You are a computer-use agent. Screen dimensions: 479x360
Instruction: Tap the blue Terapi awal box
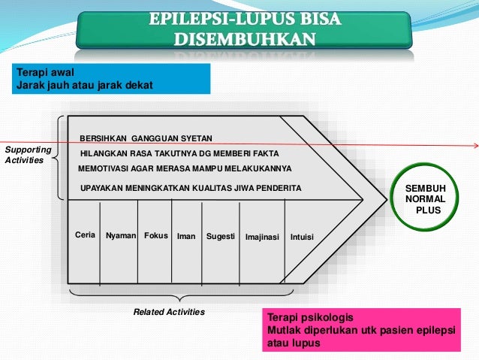[110, 78]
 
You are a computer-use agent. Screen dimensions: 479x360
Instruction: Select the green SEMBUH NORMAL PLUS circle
[425, 198]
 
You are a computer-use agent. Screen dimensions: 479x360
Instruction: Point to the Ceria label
[86, 235]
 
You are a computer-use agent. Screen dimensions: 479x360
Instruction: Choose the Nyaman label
[121, 235]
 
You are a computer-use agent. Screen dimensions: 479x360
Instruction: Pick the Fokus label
[155, 235]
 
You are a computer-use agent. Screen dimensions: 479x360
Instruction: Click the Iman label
[186, 236]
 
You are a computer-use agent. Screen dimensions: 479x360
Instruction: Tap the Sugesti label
[221, 236]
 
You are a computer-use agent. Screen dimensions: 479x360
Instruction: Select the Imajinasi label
[262, 237]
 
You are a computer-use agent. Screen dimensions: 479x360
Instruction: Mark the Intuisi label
[302, 237]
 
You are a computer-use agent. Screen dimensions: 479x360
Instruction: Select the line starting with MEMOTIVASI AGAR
[184, 168]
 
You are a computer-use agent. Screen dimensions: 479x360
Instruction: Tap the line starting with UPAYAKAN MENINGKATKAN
[190, 188]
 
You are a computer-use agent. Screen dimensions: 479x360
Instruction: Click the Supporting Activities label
[28, 155]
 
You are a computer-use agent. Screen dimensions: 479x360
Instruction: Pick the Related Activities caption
[168, 311]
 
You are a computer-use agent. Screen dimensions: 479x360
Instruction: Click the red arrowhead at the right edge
[474, 145]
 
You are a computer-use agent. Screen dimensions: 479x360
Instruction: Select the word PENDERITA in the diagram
[277, 188]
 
